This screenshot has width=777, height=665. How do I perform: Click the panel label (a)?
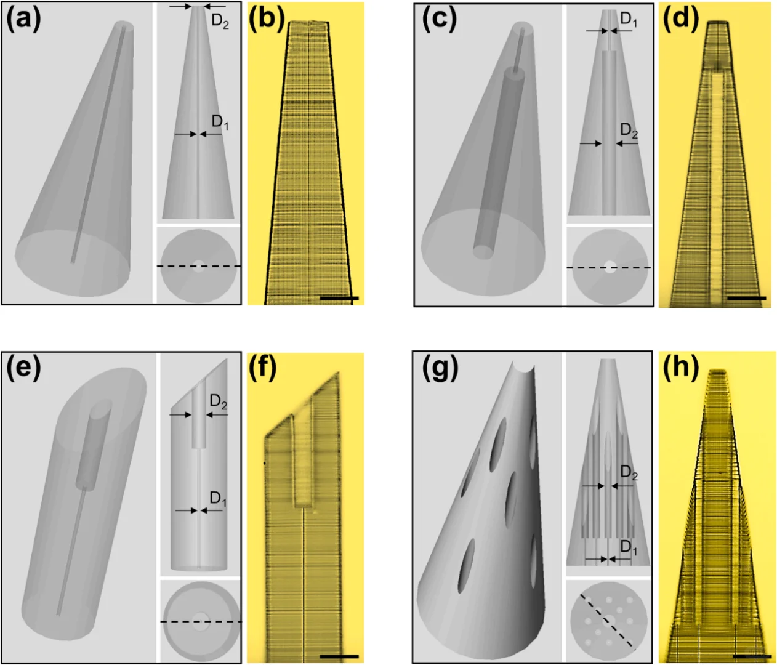[23, 19]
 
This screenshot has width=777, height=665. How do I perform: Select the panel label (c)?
[440, 19]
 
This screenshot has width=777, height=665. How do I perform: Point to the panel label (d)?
[681, 19]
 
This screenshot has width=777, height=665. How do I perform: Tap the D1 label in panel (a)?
[220, 122]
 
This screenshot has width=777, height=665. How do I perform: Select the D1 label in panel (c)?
[629, 19]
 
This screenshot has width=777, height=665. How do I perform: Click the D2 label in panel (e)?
[219, 402]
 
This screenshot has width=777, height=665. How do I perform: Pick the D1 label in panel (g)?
[629, 547]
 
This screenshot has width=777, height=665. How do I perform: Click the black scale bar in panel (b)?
[339, 298]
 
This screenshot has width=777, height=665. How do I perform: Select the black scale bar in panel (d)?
[747, 298]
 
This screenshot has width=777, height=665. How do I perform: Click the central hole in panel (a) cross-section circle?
[198, 267]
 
